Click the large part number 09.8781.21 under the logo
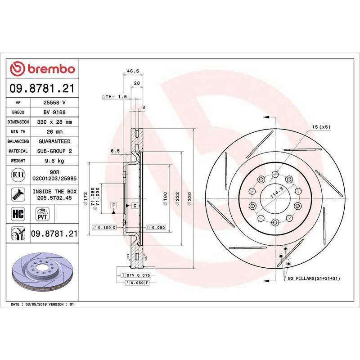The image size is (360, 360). click(42, 88)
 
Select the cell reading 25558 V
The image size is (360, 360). click(54, 103)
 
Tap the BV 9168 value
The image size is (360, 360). click(54, 112)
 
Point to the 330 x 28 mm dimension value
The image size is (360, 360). click(54, 122)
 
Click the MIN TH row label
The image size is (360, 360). click(19, 132)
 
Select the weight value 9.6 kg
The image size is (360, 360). click(54, 161)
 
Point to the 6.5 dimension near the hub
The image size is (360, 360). click(115, 152)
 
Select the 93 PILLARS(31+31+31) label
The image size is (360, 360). click(314, 279)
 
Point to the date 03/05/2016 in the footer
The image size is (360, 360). click(40, 305)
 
